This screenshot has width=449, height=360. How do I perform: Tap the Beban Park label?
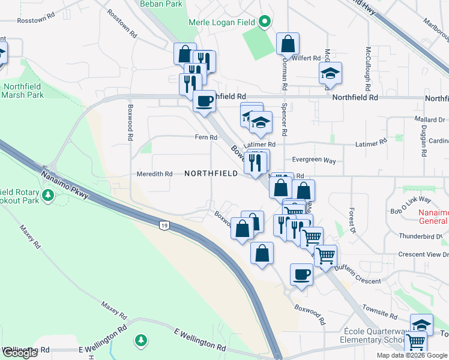[161, 4]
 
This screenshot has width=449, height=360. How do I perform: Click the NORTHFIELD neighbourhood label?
[211, 173]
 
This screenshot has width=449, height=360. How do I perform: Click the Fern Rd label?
[206, 137]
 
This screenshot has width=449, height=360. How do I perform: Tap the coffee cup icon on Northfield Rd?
[204, 100]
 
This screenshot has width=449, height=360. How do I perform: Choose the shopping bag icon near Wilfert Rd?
[288, 44]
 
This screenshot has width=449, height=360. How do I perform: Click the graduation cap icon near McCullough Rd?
[330, 74]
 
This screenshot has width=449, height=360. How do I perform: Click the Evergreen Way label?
[314, 160]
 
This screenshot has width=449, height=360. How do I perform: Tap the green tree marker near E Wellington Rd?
[141, 341]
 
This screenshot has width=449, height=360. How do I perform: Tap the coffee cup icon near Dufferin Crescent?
[301, 274]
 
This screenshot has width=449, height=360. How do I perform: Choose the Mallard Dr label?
[429, 120]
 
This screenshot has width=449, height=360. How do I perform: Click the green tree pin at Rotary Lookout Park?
[48, 195]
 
